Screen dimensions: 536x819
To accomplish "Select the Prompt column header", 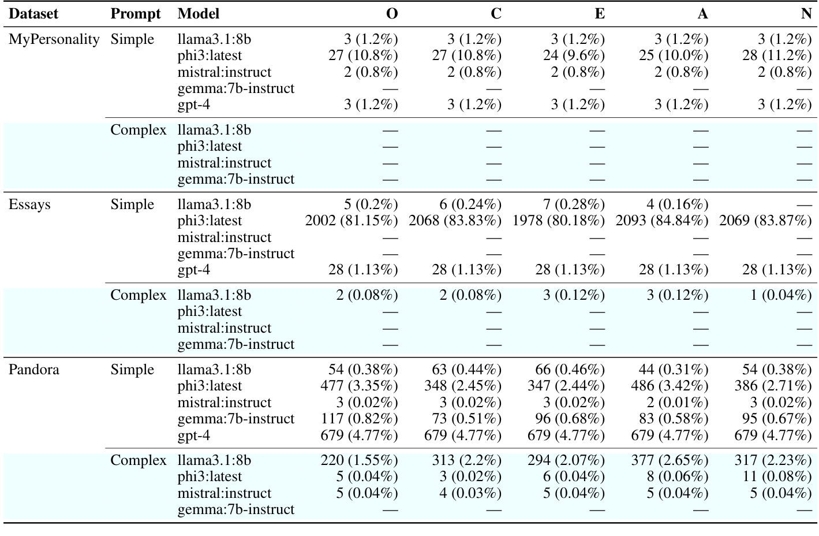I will [x=136, y=14].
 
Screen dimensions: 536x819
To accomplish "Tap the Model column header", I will [x=199, y=14].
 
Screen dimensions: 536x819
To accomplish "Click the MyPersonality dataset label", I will [x=54, y=39].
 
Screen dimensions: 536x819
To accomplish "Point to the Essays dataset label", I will [x=29, y=204].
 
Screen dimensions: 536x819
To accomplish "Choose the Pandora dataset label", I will [x=33, y=370].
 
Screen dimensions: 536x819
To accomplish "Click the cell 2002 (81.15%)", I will [x=351, y=221].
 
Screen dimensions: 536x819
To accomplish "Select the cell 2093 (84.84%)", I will [x=662, y=221].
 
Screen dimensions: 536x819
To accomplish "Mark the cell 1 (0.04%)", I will [x=781, y=295].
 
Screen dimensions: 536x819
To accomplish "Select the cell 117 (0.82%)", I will [x=360, y=419].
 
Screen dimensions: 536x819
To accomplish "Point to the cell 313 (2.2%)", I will [x=466, y=460].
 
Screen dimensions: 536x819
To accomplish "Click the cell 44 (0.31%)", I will [x=674, y=370].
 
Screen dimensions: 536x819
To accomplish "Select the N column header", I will [x=806, y=14].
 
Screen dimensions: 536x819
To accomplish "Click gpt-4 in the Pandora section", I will [x=194, y=435].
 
